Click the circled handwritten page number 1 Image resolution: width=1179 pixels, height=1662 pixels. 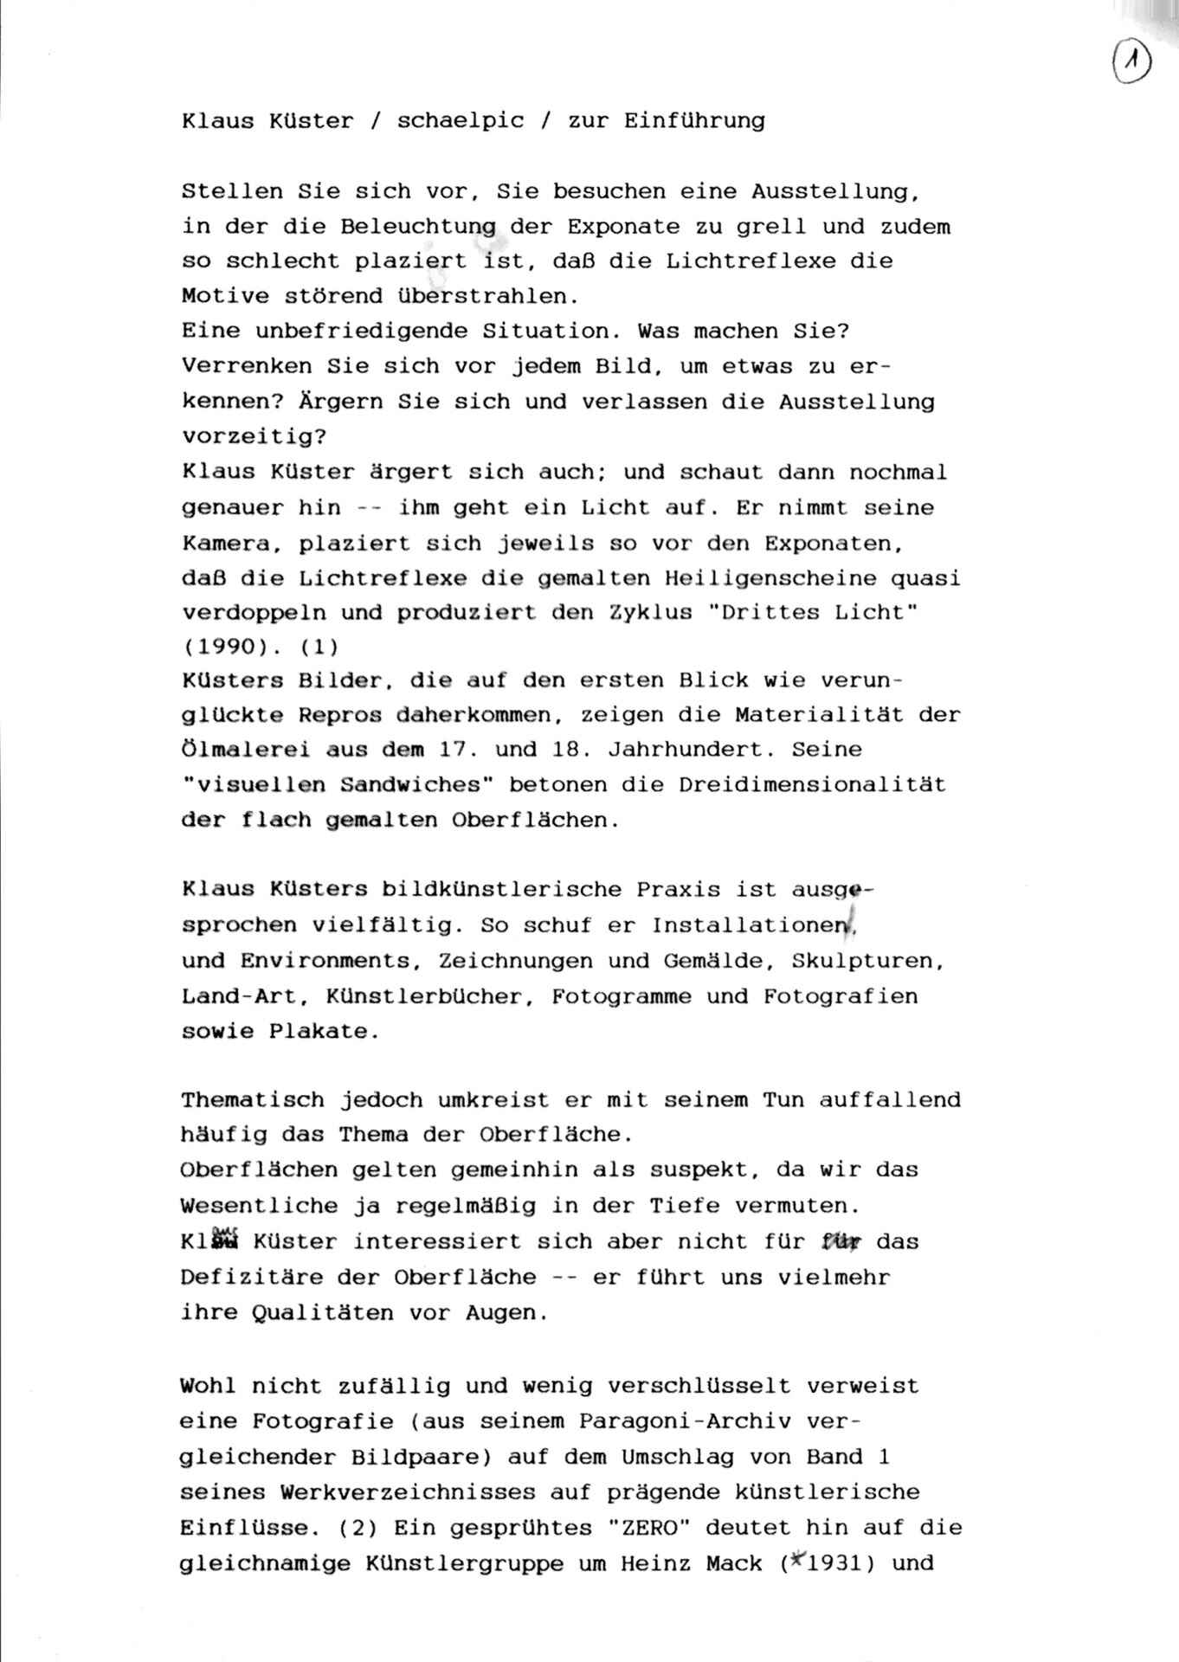pyautogui.click(x=1131, y=65)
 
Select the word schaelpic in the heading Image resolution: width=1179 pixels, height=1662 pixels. pyautogui.click(x=461, y=121)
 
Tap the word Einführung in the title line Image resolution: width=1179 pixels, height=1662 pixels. pyautogui.click(x=694, y=121)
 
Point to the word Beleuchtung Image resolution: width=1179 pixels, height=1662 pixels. pyautogui.click(x=418, y=228)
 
